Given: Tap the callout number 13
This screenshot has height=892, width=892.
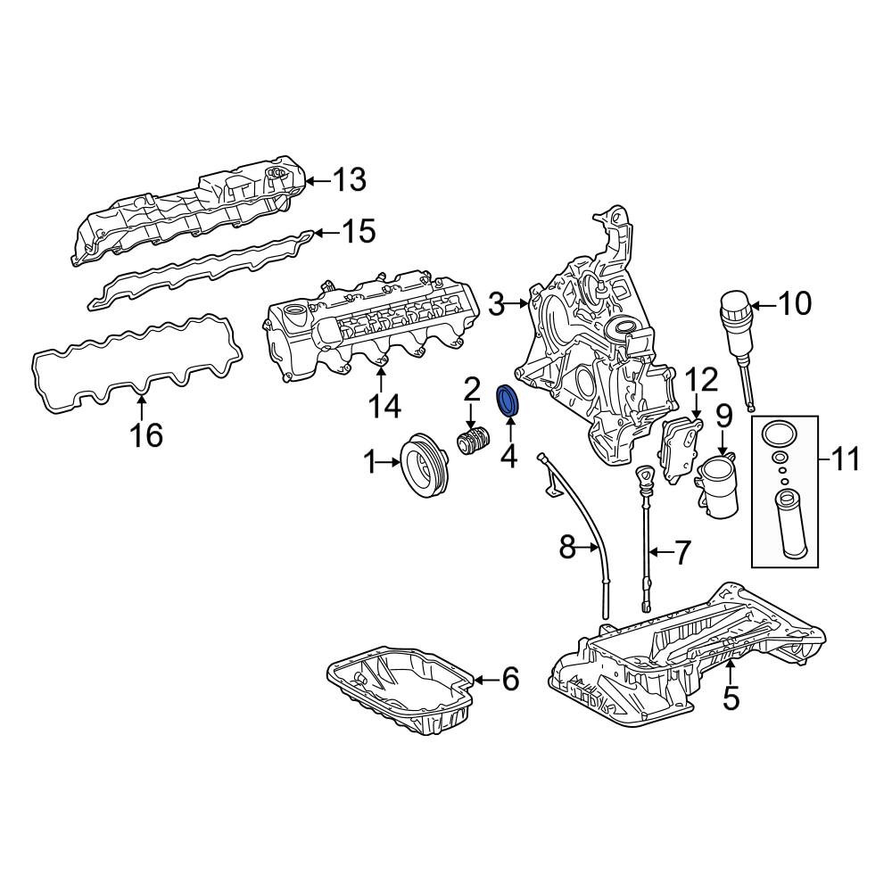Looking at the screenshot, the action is tap(349, 180).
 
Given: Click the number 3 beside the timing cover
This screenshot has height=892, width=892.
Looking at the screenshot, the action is tap(496, 305).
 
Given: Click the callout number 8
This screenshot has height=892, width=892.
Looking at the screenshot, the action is tap(567, 548).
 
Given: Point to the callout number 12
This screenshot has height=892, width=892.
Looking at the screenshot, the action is tap(701, 380).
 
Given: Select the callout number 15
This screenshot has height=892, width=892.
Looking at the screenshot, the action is tap(359, 232).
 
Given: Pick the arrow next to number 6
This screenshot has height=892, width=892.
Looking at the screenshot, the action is tap(486, 679).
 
